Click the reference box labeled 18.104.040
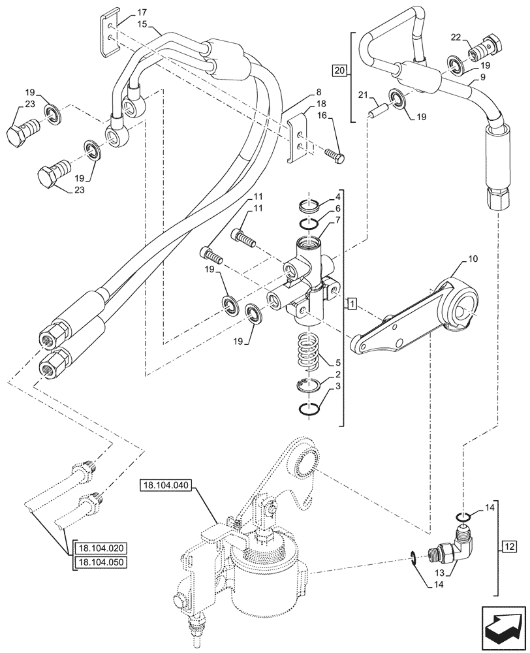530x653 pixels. [x=168, y=485]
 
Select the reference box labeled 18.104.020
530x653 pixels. [x=101, y=549]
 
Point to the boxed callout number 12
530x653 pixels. [x=509, y=545]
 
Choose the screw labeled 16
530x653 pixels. [x=334, y=155]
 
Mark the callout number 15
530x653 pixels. [x=142, y=24]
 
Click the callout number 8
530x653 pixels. [x=318, y=91]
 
